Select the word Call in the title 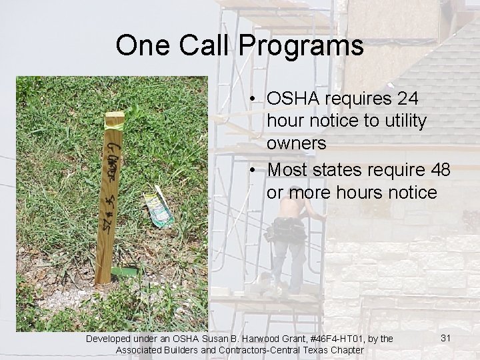(203, 45)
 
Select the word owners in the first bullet (296, 143)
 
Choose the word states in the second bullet (341, 170)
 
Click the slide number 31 (447, 339)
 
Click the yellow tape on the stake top (115, 121)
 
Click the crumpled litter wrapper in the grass (158, 205)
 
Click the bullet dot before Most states (255, 170)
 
